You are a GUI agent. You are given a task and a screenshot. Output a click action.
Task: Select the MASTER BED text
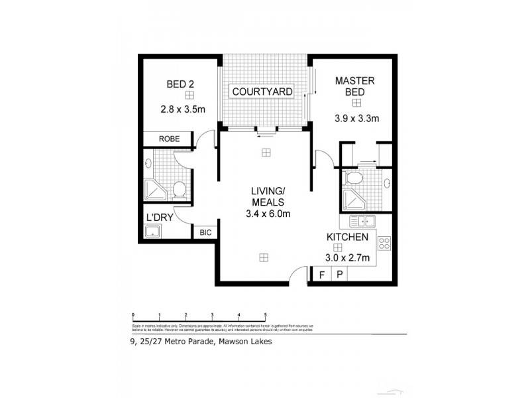click(355, 86)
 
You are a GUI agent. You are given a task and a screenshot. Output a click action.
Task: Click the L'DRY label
click(159, 216)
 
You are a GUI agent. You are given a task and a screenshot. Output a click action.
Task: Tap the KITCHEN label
click(346, 236)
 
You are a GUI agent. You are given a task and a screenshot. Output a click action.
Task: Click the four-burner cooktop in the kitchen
click(382, 243)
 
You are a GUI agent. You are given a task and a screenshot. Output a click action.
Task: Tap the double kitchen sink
click(362, 222)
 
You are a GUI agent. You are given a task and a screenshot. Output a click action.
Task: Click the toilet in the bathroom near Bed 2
click(178, 190)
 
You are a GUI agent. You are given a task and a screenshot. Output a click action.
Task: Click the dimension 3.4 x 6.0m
click(267, 214)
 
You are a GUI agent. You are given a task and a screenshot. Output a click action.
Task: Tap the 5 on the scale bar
click(265, 315)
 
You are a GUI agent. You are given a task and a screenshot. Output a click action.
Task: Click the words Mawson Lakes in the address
click(248, 343)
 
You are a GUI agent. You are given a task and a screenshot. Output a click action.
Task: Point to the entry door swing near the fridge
click(299, 273)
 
